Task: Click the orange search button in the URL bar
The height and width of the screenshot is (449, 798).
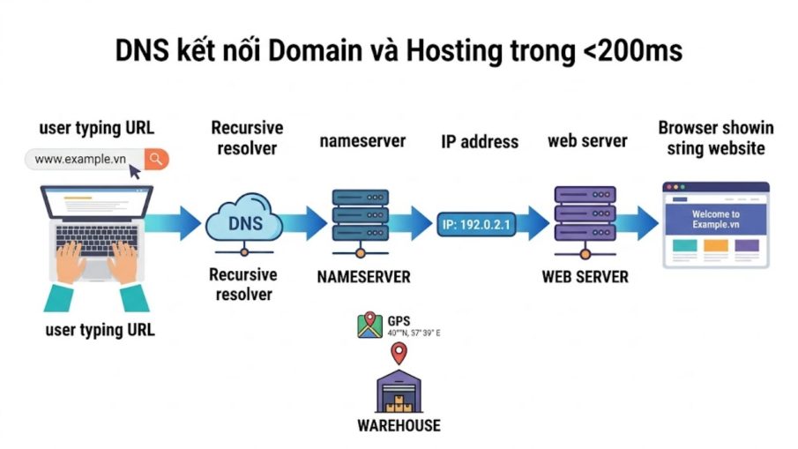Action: coord(156,160)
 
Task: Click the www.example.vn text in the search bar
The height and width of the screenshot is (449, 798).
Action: coord(80,160)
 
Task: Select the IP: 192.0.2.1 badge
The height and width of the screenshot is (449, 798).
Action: coord(476,224)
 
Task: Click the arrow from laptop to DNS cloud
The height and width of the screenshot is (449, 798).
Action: coord(174,223)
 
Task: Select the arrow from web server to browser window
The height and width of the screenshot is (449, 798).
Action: coord(638,223)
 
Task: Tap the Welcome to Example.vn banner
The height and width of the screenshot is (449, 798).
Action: coord(715,219)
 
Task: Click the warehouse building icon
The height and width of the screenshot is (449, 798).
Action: coord(399,391)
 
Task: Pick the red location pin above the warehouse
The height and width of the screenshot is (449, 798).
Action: coord(399,354)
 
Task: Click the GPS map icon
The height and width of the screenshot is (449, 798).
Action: coord(370,325)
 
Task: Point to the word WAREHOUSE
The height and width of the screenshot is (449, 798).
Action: coord(399,425)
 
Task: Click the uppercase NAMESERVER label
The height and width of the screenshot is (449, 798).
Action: coord(363,277)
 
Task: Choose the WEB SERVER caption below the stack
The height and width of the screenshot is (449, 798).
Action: coord(585,277)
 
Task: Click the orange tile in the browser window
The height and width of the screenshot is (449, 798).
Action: coord(715,245)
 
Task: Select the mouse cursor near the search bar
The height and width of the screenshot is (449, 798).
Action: coord(134,172)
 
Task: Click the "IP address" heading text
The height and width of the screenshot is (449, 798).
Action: coord(480,141)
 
